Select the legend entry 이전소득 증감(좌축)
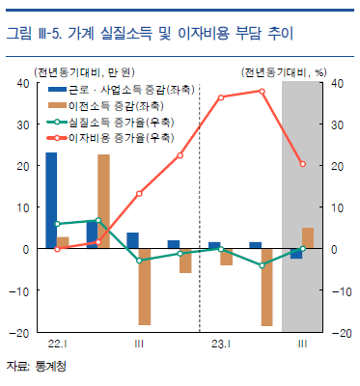[106, 106]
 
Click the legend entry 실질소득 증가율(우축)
[111, 122]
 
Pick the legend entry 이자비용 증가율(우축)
[111, 138]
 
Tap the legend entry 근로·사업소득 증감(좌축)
[122, 90]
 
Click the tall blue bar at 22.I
[51, 200]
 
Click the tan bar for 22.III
[145, 287]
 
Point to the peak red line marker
[262, 92]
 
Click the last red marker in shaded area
[303, 164]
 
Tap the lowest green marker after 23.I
[262, 265]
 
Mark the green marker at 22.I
[57, 224]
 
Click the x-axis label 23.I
[221, 345]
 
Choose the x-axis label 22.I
[57, 345]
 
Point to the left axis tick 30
[23, 124]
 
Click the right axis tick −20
[342, 333]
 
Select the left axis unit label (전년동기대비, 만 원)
[85, 72]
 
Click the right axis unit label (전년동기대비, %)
[284, 72]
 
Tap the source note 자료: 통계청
[36, 367]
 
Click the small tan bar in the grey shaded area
[308, 238]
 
